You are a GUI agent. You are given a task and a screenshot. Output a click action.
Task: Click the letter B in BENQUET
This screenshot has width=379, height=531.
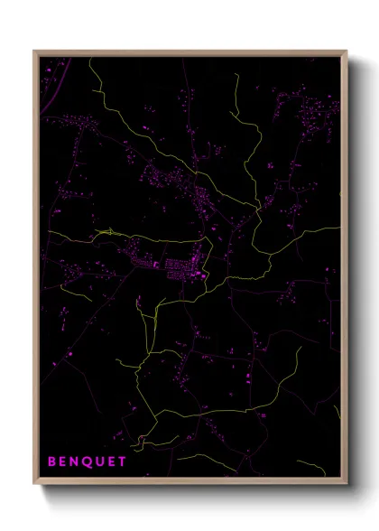coord(51,461)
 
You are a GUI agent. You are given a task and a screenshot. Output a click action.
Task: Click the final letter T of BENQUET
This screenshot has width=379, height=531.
coord(122,461)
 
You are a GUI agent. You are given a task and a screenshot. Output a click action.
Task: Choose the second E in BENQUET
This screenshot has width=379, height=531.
coord(111,461)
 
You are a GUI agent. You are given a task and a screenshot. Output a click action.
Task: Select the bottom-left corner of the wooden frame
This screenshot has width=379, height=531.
coord(34,484)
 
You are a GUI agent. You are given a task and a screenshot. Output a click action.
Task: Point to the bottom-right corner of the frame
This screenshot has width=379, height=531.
coord(347,484)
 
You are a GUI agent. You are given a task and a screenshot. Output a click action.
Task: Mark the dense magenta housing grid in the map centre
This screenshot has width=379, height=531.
coord(176,265)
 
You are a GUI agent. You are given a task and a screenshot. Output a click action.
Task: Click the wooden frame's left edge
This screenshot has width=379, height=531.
coord(35,271)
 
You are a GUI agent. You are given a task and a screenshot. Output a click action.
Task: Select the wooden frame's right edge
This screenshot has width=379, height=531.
coord(346,271)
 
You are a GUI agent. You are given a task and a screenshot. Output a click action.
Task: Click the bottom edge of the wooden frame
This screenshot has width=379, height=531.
coord(189,483)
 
